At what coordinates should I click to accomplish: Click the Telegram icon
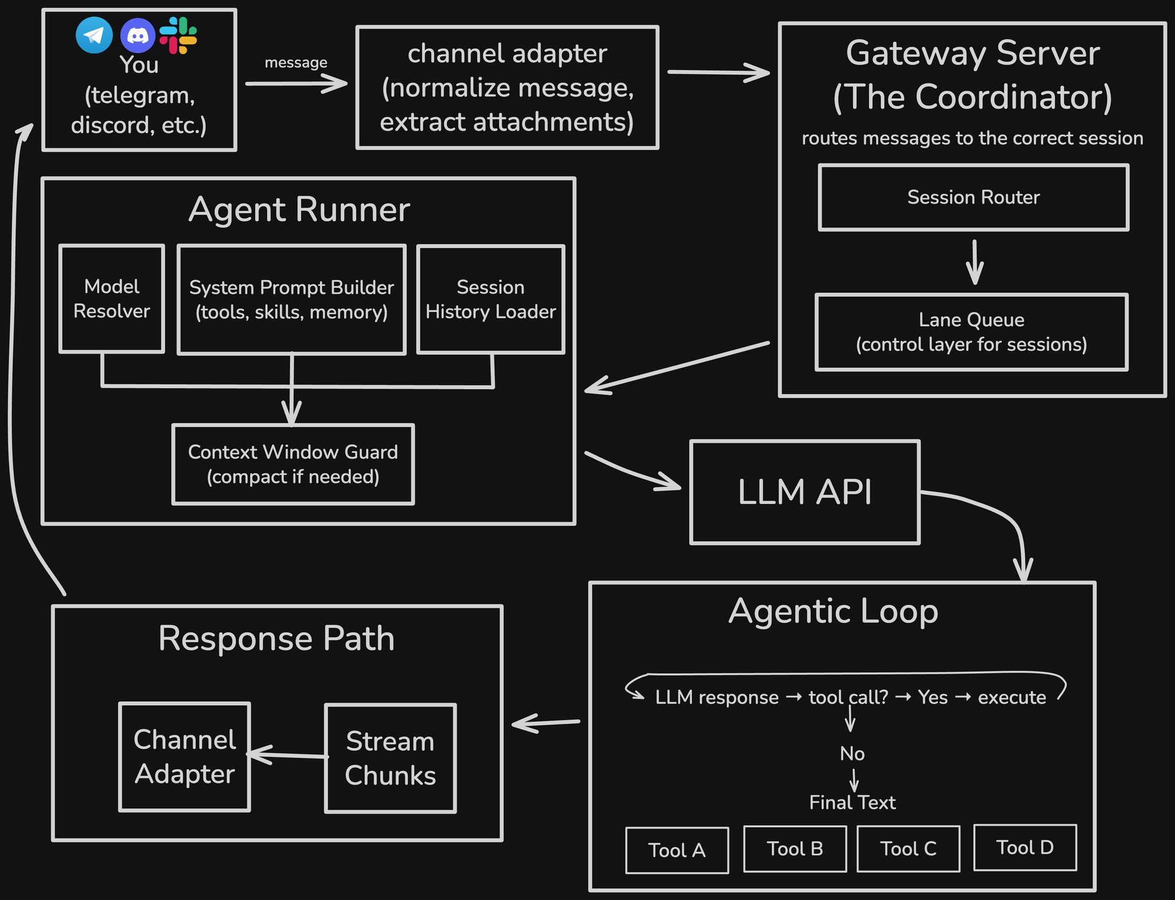pos(94,35)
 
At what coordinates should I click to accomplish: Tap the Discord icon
pos(138,36)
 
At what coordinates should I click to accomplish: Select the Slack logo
pos(178,36)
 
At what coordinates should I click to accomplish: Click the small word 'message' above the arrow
pos(295,62)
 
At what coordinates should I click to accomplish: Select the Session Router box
pos(973,198)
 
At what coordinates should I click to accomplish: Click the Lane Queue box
pos(971,332)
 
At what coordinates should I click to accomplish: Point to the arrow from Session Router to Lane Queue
pos(974,262)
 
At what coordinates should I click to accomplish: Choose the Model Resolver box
pos(112,299)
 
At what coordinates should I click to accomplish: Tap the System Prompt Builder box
pos(291,300)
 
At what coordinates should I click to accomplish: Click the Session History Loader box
pos(491,299)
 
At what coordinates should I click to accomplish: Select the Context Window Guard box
pos(293,464)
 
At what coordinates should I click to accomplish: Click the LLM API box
pos(804,492)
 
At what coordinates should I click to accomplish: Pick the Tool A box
pos(677,850)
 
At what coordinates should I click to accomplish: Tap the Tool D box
pos(1025,848)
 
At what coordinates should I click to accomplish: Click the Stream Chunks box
pos(390,758)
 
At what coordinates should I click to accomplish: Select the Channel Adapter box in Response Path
pos(185,757)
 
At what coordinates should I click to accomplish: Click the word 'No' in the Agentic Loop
pos(852,753)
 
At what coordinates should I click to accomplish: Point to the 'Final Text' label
pos(852,802)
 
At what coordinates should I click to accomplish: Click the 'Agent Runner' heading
pos(299,209)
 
